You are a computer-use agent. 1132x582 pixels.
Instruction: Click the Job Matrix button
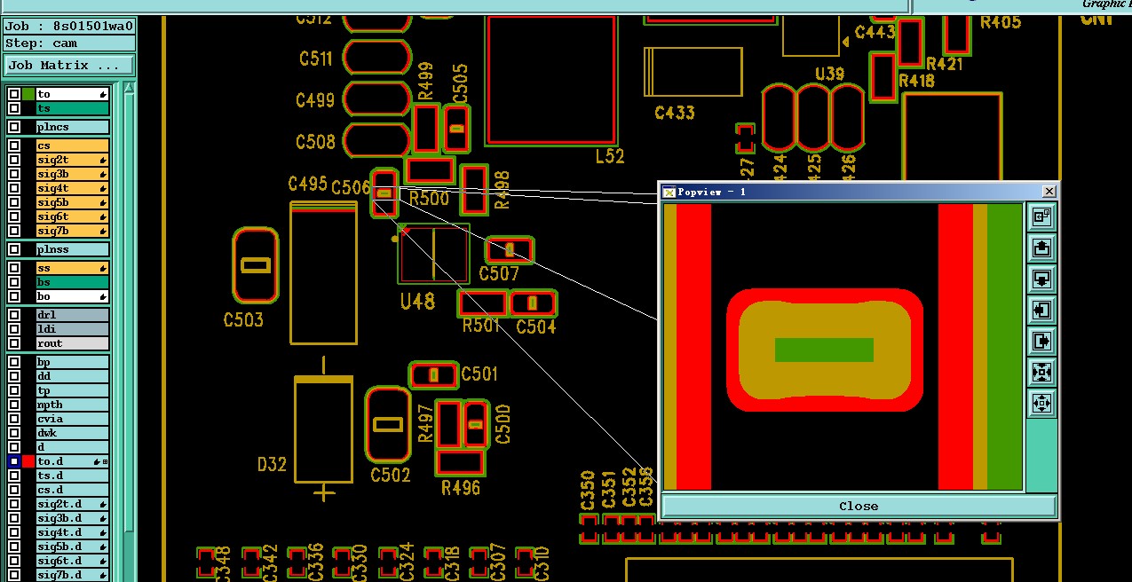(x=68, y=66)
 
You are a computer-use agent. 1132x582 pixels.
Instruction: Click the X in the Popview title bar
(x=1049, y=191)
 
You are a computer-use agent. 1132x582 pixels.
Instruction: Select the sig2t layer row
(x=71, y=160)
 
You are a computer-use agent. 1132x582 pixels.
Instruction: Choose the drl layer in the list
(x=71, y=315)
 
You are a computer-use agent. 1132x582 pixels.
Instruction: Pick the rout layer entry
(x=71, y=343)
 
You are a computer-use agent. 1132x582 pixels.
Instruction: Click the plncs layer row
(x=71, y=127)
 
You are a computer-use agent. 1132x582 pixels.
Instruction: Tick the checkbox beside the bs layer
(x=14, y=282)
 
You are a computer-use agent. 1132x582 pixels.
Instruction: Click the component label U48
(x=417, y=302)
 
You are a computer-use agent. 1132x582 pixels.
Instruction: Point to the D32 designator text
(x=272, y=465)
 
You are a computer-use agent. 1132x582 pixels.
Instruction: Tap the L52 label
(x=610, y=156)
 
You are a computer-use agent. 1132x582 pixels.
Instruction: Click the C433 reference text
(x=675, y=113)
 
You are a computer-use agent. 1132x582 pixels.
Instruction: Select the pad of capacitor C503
(x=256, y=265)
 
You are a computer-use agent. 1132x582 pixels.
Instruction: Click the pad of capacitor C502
(x=388, y=424)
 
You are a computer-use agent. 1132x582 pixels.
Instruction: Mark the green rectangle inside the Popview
(x=824, y=350)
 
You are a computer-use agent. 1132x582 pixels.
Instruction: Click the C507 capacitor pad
(x=510, y=249)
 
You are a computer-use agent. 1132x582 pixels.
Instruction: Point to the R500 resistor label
(x=428, y=199)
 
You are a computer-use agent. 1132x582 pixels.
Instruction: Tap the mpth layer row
(x=71, y=405)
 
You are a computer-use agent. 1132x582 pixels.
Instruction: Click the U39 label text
(x=829, y=74)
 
